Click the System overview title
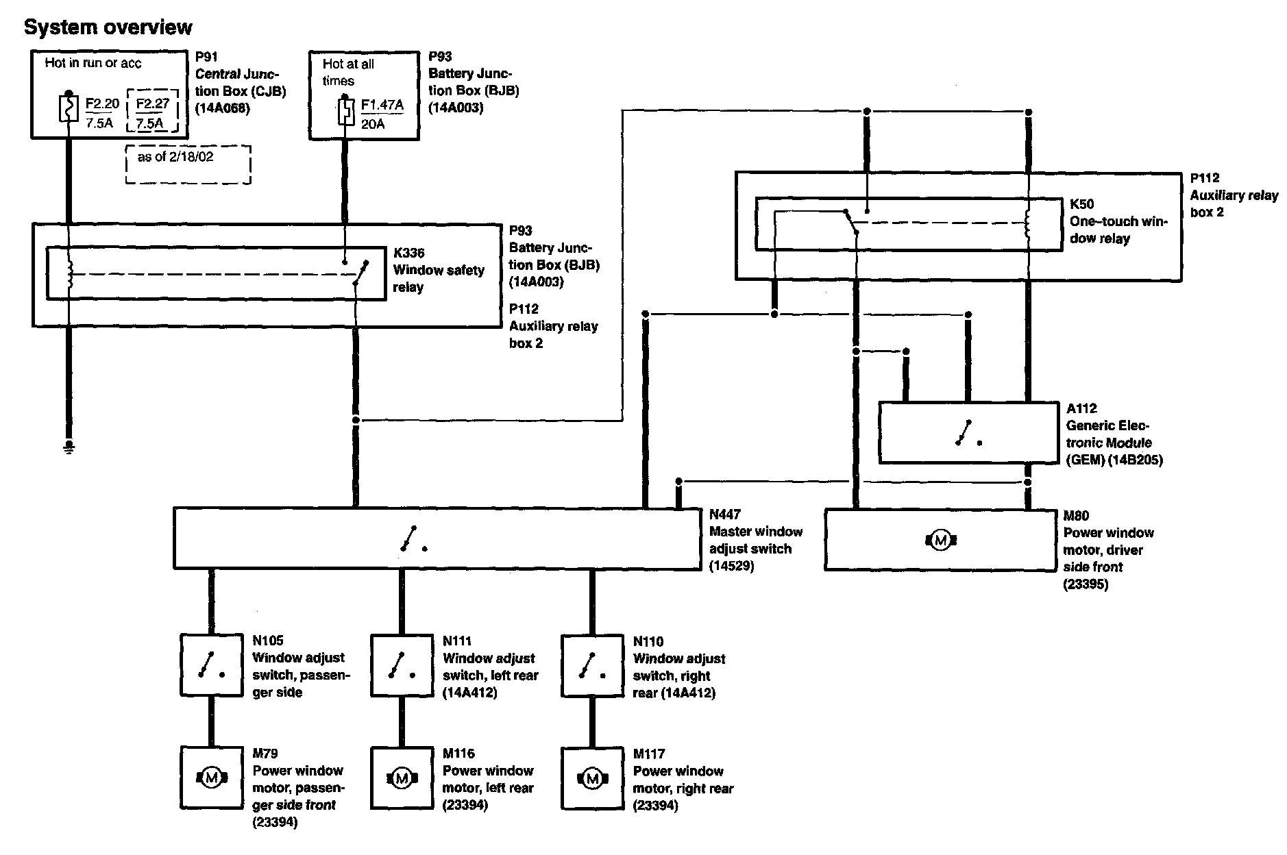tap(108, 27)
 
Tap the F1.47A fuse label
tap(382, 106)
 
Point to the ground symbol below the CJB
tap(69, 448)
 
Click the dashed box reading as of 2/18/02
tap(188, 164)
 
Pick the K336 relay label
tap(408, 253)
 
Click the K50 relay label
tap(1082, 204)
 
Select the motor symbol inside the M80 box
tap(940, 541)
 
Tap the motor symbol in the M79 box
tap(211, 778)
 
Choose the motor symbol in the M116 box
tap(402, 778)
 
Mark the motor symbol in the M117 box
tap(592, 778)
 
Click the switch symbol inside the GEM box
tap(968, 433)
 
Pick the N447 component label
tap(725, 515)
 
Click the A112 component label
tap(1081, 408)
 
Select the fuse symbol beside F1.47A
tap(345, 112)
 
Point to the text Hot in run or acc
tap(93, 63)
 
